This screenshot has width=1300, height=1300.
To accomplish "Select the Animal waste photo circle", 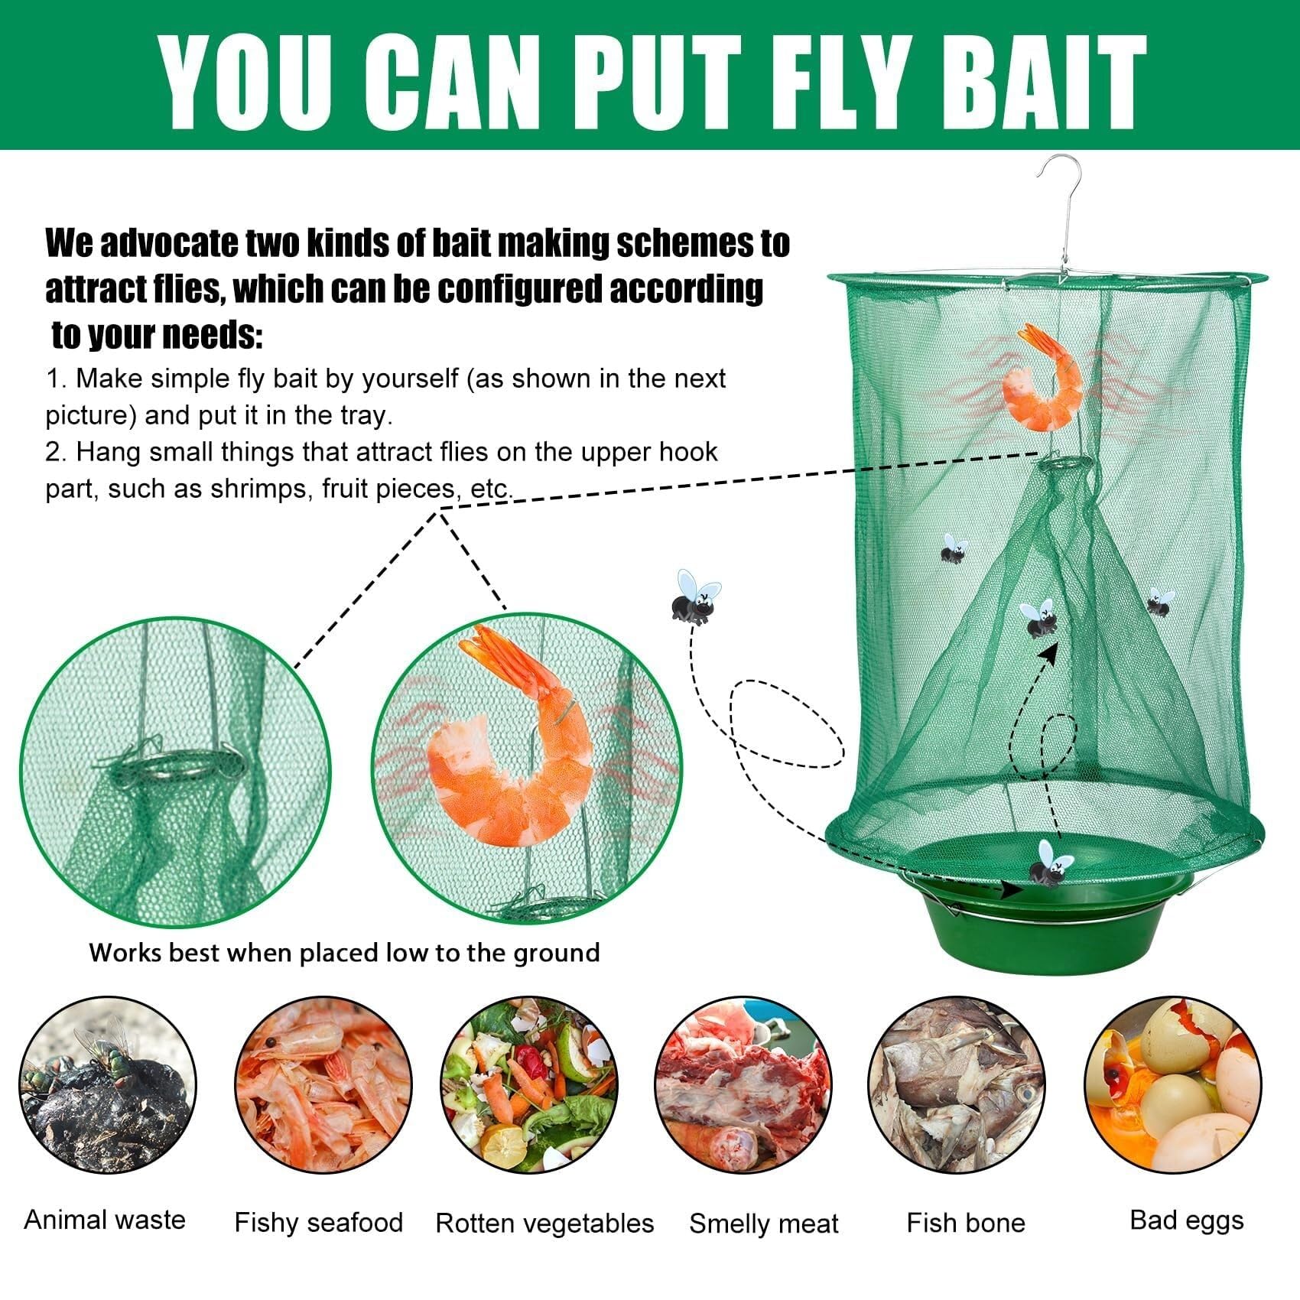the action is pos(107,1086).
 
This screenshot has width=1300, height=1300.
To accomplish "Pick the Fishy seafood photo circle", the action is pos(323,1086).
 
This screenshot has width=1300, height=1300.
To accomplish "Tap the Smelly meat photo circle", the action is pos(743,1086).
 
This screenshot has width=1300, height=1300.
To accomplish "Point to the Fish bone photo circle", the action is pos(957,1086).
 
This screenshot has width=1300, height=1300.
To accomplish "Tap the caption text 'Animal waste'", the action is pos(105,1219).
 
